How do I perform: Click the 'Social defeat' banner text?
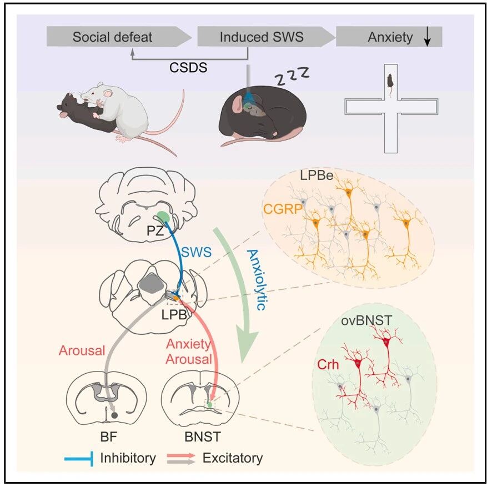click(x=112, y=37)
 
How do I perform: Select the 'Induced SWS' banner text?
click(x=262, y=37)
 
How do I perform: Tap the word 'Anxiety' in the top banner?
click(x=390, y=37)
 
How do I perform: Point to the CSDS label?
click(x=188, y=67)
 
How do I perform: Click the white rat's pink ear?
click(x=108, y=93)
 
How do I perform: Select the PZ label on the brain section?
click(x=155, y=231)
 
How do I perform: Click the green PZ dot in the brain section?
click(x=163, y=217)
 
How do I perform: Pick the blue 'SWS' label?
click(x=196, y=252)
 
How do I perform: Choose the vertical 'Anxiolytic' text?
click(x=257, y=279)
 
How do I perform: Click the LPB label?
click(x=174, y=315)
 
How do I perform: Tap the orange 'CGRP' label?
click(x=283, y=209)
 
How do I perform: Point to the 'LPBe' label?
click(x=317, y=176)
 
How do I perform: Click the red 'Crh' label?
click(x=328, y=364)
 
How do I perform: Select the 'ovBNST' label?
click(x=366, y=320)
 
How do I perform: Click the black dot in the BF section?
click(x=114, y=415)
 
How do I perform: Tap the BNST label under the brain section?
click(x=203, y=436)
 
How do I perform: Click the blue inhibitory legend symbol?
click(x=79, y=459)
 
